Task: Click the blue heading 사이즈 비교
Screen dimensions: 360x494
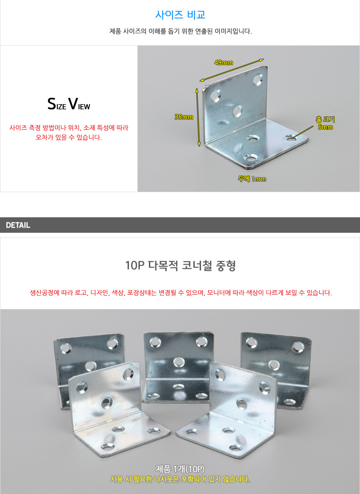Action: pos(180,15)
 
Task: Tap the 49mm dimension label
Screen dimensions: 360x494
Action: pos(224,62)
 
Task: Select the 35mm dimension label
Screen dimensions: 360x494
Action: pos(184,117)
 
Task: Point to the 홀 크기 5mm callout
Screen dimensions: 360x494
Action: pos(325,123)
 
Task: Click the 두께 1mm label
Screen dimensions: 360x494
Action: pos(252,179)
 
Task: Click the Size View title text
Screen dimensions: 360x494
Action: pos(69,104)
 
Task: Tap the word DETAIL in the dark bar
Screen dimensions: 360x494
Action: pos(18,225)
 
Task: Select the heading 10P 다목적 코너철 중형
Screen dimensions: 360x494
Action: pos(180,265)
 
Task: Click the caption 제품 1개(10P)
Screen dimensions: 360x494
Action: pos(180,469)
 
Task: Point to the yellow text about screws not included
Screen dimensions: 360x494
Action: pos(180,479)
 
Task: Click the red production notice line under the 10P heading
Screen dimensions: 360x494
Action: pos(181,293)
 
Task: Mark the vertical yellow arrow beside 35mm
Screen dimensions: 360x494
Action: pos(198,118)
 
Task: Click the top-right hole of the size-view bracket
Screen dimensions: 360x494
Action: pos(258,80)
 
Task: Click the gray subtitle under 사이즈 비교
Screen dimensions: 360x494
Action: pos(180,31)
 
